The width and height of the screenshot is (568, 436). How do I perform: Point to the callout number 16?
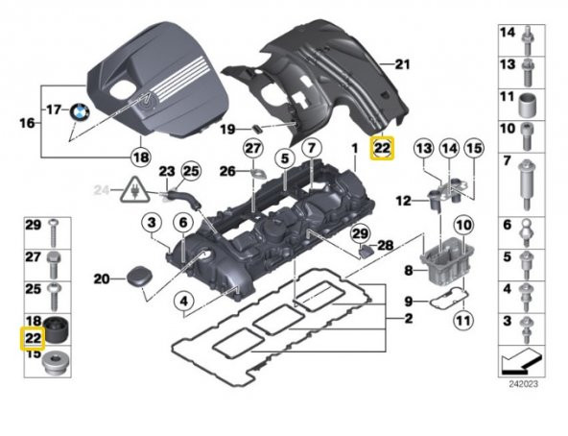[x=27, y=123]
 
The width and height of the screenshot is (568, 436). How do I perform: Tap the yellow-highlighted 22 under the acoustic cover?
[x=382, y=148]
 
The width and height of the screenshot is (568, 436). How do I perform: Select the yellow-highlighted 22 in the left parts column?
[x=32, y=337]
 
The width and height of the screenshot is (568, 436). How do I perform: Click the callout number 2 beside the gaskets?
[x=410, y=318]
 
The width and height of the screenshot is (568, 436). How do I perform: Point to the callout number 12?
[x=405, y=200]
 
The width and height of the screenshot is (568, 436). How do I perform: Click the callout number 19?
[x=227, y=129]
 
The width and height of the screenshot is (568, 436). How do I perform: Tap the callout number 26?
[x=227, y=172]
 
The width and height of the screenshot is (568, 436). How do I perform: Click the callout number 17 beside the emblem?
[x=53, y=109]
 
